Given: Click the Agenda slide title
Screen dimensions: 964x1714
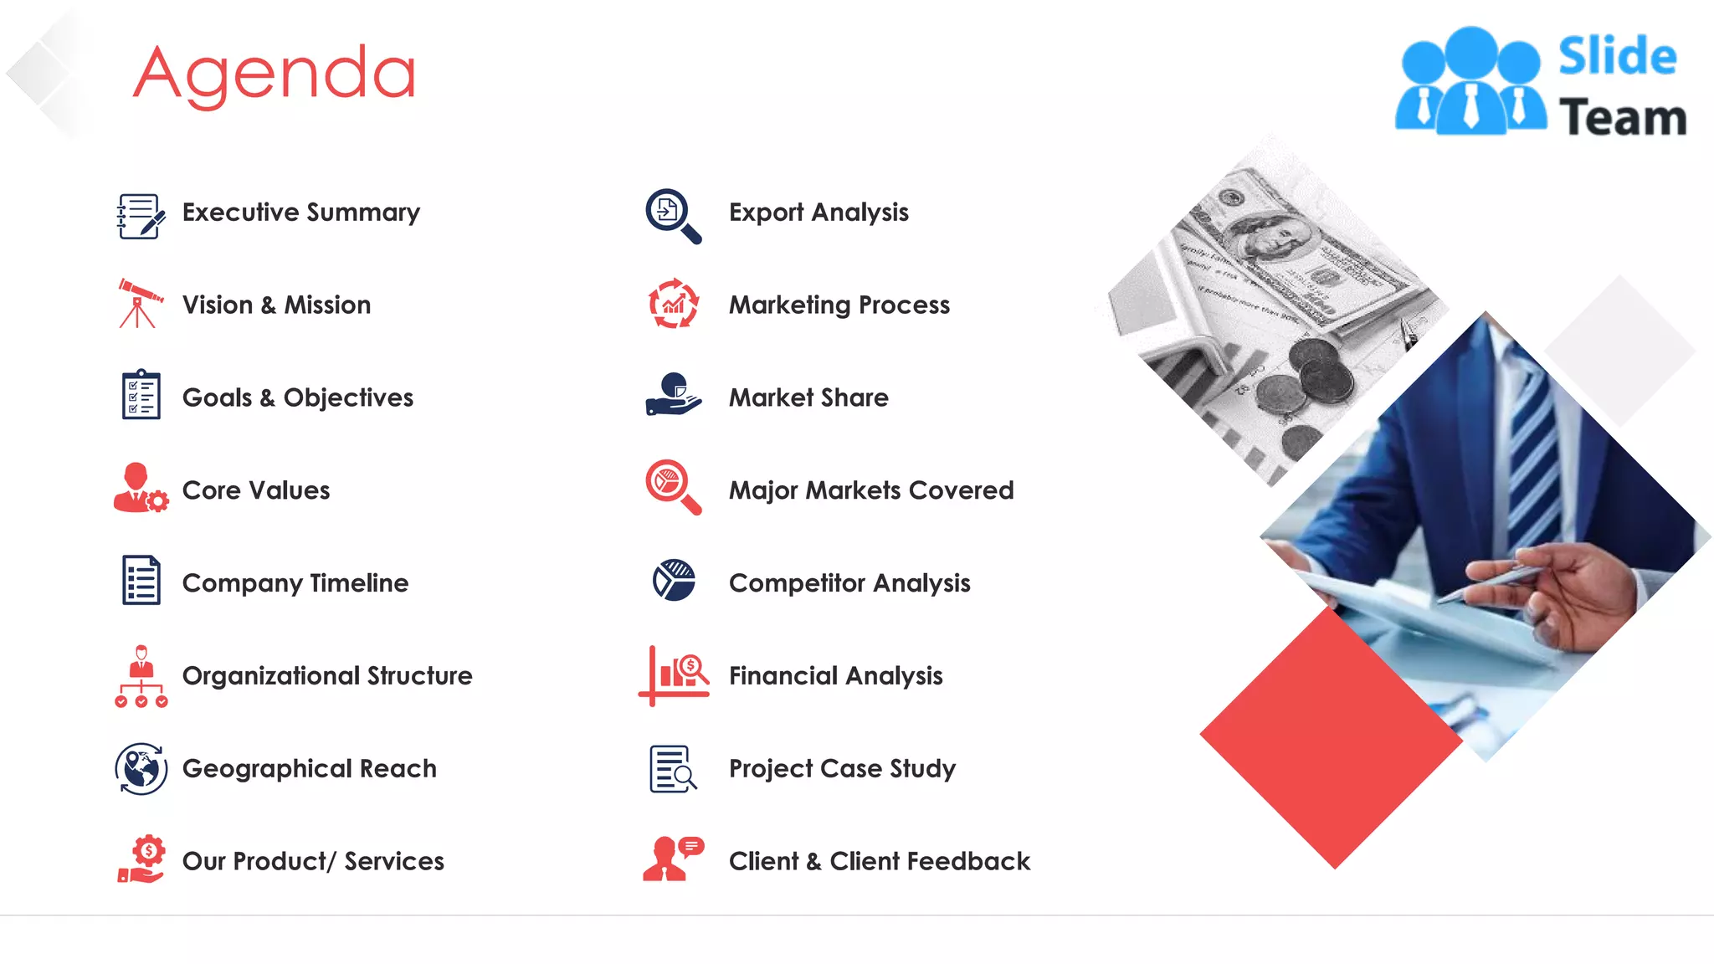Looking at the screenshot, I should click(275, 74).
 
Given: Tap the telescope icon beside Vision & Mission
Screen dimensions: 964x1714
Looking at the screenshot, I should click(139, 304).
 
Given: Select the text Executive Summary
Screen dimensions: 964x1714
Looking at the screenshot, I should click(301, 213).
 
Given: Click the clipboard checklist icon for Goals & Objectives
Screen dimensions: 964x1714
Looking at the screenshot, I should click(141, 394).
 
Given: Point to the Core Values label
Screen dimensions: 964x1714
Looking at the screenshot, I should click(256, 490).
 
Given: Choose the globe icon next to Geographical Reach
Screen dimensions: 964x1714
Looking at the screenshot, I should click(141, 768).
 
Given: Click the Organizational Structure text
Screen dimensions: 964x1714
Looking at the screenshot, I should click(327, 675).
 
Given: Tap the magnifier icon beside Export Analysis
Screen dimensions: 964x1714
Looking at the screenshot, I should click(672, 215).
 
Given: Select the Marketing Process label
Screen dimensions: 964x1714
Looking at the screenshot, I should click(839, 305).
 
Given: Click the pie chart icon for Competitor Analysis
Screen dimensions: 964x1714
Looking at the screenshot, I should click(674, 581).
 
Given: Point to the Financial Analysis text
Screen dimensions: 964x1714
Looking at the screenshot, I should click(836, 675).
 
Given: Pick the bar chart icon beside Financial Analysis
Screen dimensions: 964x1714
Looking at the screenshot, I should click(675, 674).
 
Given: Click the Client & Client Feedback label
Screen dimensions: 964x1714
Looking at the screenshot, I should click(880, 861).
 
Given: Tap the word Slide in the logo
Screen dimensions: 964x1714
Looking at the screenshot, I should click(1617, 57).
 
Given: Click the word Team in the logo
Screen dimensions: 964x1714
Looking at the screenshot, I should click(1623, 117).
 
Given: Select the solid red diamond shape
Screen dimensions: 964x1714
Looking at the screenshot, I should click(1331, 737).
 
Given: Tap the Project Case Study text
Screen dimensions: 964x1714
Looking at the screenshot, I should click(842, 768).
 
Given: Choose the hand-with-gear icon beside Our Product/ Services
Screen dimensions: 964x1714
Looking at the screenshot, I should click(141, 859).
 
